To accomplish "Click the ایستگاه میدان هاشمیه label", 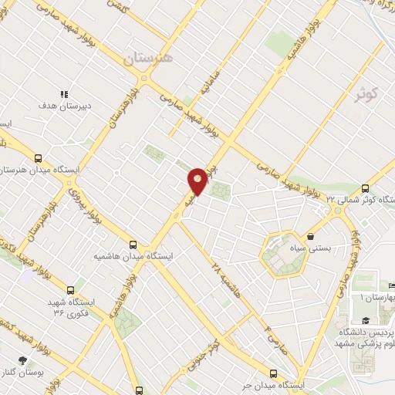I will [x=135, y=255].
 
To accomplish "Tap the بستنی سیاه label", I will [x=310, y=248].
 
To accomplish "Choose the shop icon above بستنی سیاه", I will [x=310, y=236].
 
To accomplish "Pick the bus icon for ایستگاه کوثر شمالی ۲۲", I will [x=366, y=187].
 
